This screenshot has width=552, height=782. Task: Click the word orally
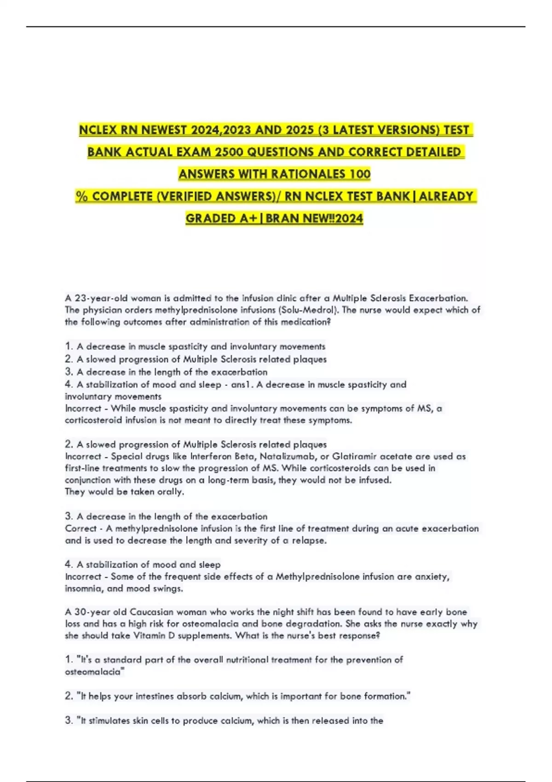coord(171,492)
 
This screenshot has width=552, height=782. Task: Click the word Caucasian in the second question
coord(151,612)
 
